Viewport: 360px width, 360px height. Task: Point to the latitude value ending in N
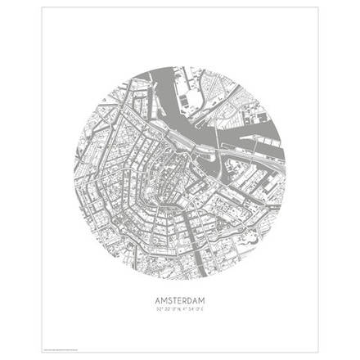166,308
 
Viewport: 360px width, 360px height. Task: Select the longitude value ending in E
194,308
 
